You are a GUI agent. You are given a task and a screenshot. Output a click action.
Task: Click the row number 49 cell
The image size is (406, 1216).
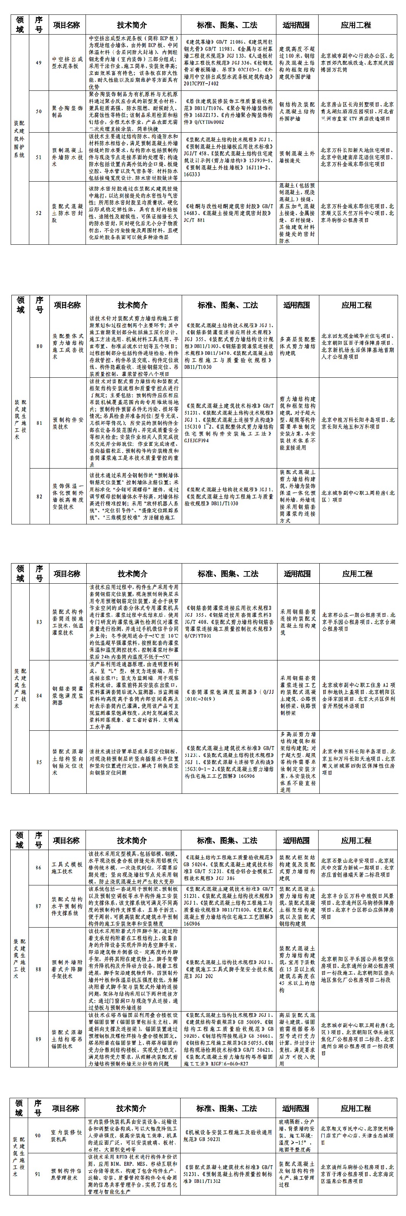(39, 63)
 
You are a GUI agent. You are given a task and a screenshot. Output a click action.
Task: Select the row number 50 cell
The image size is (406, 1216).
(39, 111)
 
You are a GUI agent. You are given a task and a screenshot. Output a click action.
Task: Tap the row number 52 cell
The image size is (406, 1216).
(39, 213)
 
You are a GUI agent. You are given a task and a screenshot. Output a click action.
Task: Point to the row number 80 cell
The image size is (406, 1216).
(39, 346)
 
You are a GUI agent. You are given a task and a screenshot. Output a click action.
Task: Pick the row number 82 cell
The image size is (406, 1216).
(39, 496)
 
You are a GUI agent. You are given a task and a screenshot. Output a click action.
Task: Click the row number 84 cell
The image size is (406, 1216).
(39, 695)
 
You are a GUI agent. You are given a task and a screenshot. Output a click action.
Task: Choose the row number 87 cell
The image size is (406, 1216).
(39, 906)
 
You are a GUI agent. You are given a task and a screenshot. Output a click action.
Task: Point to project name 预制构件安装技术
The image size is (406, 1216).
(68, 423)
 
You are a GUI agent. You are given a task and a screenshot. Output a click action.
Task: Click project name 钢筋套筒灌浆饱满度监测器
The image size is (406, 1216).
(68, 695)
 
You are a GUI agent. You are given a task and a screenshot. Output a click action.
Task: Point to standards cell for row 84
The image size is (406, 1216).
(228, 695)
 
